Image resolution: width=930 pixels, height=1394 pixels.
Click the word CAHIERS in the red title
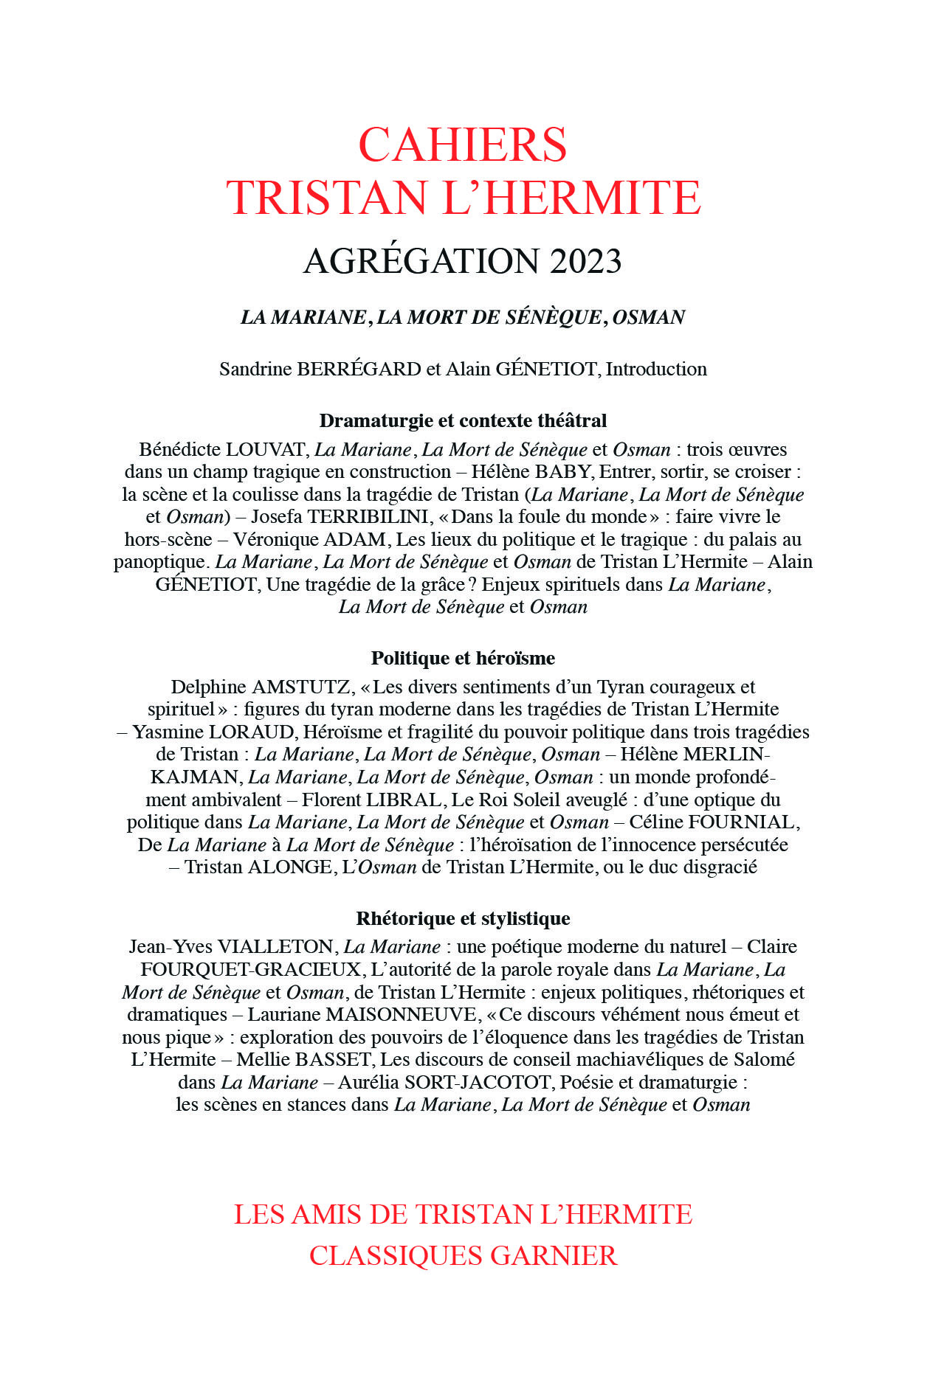coord(463,145)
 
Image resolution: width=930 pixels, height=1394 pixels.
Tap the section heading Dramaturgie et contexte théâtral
coord(463,421)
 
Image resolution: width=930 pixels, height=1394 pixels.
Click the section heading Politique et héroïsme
coord(463,658)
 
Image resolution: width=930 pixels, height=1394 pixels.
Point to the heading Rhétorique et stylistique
coord(463,918)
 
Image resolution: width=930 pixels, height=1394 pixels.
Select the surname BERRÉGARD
coord(359,370)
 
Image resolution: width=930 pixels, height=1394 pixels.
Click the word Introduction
coord(656,370)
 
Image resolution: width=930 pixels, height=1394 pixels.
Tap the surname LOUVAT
coord(266,450)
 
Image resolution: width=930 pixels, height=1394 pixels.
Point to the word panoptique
coord(159,563)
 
